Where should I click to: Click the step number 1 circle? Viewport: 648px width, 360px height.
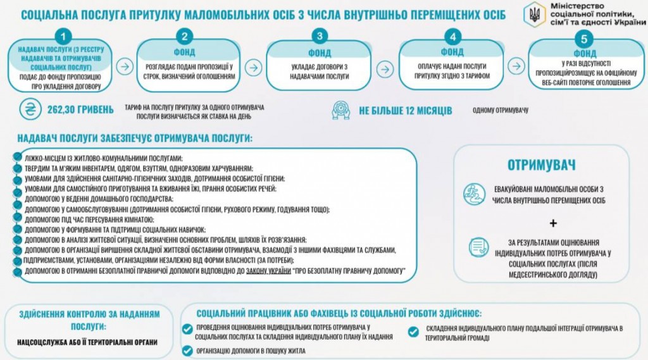(63, 37)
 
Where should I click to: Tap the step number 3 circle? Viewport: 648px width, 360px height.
(320, 36)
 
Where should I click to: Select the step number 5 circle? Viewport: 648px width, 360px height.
(583, 39)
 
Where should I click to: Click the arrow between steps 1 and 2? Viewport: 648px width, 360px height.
(125, 66)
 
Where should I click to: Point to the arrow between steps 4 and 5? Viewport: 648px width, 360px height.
(516, 66)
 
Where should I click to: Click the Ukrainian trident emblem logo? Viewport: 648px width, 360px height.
(535, 15)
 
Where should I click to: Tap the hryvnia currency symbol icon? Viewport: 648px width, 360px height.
(30, 109)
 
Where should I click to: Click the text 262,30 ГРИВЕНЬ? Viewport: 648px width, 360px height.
(80, 109)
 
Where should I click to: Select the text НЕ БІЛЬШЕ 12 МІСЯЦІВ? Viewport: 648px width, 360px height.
(406, 111)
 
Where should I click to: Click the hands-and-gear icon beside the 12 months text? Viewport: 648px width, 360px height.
(341, 110)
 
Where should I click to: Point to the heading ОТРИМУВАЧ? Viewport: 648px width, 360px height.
(542, 165)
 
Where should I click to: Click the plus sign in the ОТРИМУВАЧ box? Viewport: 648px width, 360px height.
(553, 223)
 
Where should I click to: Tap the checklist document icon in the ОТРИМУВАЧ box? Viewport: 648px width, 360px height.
(478, 247)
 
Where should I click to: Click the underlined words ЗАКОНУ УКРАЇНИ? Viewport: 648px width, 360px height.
(268, 271)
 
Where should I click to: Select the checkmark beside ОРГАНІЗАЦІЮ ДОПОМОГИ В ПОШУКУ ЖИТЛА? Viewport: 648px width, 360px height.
(187, 351)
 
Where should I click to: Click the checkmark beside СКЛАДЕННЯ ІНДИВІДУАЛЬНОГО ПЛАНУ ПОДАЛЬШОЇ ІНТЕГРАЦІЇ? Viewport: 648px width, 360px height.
(413, 332)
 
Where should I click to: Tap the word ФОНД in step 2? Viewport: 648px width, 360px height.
(184, 53)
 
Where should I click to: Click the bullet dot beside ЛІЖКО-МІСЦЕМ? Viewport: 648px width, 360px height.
(17, 157)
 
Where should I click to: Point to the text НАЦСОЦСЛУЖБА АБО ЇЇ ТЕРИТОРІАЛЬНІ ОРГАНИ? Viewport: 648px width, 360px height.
(87, 342)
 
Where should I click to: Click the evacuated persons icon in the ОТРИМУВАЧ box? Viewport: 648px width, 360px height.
(474, 194)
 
